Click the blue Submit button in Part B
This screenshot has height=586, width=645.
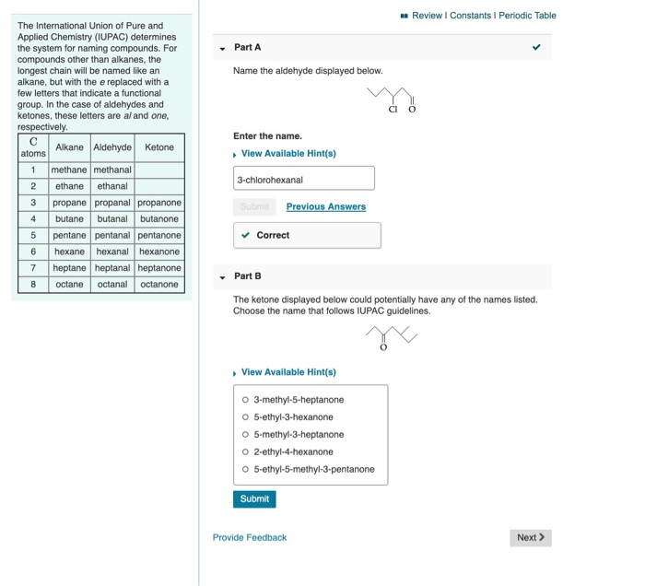tap(254, 498)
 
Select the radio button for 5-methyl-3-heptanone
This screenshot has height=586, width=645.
tap(245, 434)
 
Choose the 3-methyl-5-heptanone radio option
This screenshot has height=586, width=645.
tap(245, 400)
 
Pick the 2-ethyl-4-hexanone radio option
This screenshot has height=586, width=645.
tap(245, 451)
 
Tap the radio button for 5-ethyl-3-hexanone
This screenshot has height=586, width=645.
tap(245, 417)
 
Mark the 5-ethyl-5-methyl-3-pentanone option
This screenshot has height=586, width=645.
tap(245, 469)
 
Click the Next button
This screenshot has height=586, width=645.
tap(531, 537)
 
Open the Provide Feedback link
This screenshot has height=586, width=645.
tap(250, 537)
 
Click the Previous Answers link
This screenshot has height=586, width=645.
tap(325, 206)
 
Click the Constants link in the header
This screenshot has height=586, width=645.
tap(469, 16)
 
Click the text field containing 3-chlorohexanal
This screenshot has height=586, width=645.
tap(304, 179)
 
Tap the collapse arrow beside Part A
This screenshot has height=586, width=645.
tap(221, 48)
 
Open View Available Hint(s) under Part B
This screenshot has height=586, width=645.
tap(287, 372)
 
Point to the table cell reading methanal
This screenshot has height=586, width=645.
tap(112, 170)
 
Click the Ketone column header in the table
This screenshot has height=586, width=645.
tap(159, 147)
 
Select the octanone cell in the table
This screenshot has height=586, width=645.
tap(159, 284)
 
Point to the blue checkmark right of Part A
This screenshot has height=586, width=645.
tap(536, 47)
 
